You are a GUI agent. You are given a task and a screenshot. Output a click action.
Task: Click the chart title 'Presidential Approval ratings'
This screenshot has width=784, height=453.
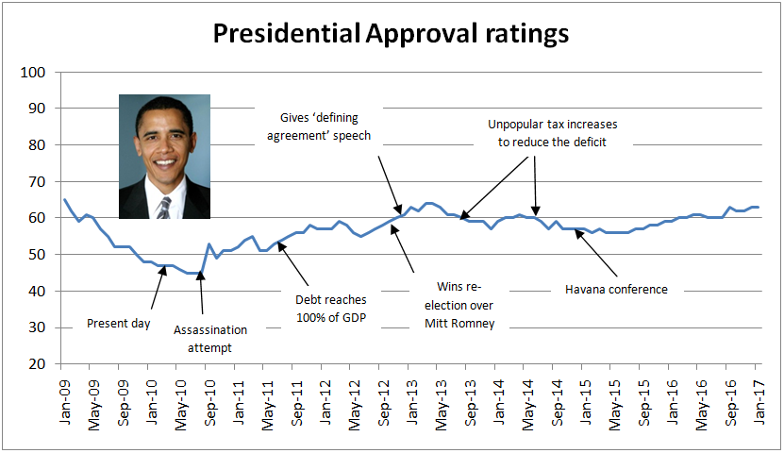coord(391,33)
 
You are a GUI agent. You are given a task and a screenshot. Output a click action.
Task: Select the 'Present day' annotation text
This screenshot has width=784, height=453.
coord(119,324)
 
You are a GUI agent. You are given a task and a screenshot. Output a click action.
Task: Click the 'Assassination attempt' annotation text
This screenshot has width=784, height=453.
coord(210,338)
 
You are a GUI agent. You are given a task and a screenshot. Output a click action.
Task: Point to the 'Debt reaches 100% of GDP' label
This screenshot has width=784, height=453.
coord(330,307)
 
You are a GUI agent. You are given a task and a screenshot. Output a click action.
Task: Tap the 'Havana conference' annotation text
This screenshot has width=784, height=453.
coord(617,289)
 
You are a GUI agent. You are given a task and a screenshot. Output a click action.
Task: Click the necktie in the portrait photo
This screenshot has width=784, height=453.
coord(164,207)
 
